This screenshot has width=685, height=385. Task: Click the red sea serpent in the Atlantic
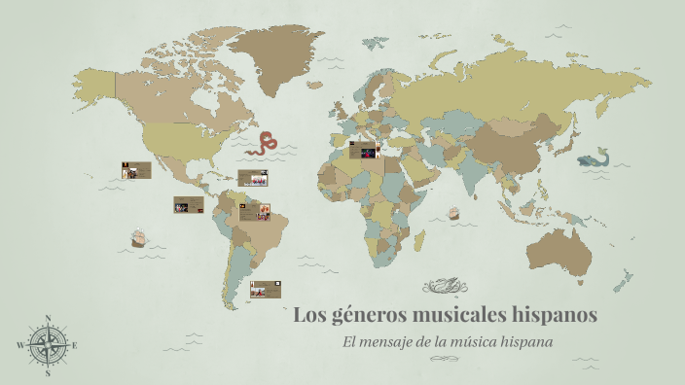(x=263, y=145)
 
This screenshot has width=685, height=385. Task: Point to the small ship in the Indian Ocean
(x=452, y=213)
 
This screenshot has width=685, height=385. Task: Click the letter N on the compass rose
(x=48, y=318)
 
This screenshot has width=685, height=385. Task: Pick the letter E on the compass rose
(x=75, y=345)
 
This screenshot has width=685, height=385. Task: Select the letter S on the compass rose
(x=48, y=372)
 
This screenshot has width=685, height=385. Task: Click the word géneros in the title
(x=369, y=316)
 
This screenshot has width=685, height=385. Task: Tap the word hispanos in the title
(x=552, y=316)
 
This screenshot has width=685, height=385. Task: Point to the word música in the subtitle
(x=499, y=342)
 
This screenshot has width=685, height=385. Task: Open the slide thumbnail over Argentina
(x=266, y=289)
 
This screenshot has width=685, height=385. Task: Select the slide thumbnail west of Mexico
(x=136, y=170)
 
